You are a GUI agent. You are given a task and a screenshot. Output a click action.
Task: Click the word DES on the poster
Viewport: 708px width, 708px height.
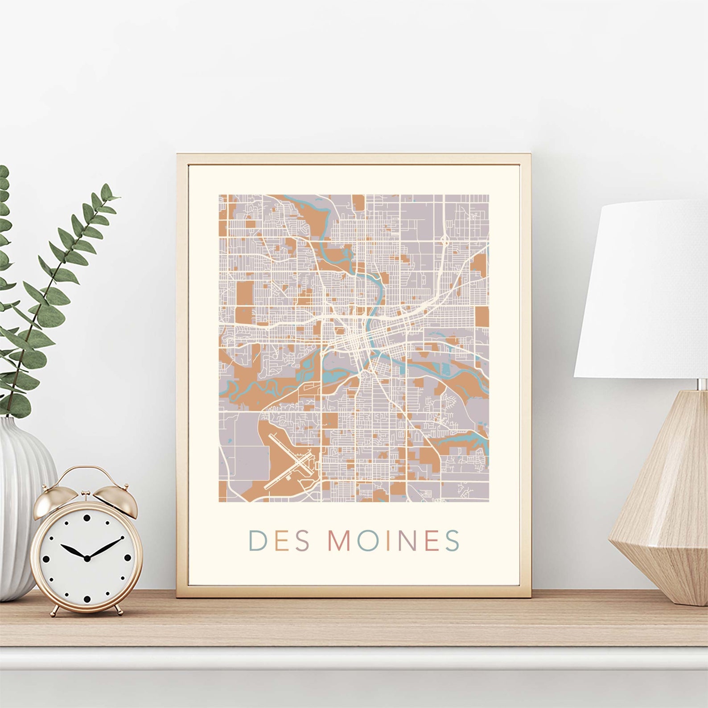(x=279, y=541)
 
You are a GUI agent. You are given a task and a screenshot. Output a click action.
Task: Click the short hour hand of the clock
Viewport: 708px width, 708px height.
(x=74, y=552)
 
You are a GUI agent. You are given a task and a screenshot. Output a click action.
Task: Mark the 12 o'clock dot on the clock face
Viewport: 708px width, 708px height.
(x=86, y=518)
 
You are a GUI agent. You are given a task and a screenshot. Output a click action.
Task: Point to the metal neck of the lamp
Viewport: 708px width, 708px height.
(x=701, y=384)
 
